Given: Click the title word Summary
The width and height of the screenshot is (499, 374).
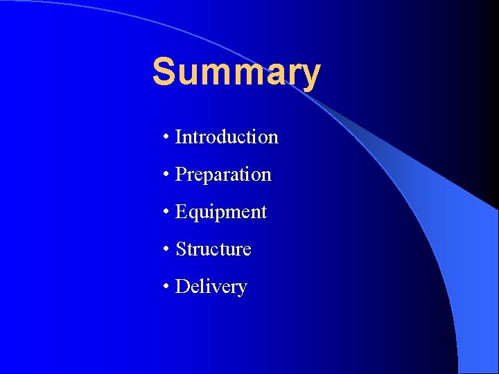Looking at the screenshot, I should (236, 72).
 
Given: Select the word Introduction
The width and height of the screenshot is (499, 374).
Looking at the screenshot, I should (227, 137).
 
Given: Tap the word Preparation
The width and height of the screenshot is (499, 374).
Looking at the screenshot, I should (223, 175).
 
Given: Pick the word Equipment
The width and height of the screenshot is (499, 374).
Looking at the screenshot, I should (221, 212).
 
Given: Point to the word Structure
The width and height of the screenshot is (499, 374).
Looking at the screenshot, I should (213, 249).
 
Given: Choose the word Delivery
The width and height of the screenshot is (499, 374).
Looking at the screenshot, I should (211, 287).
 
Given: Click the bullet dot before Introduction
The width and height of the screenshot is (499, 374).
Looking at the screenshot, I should (167, 138).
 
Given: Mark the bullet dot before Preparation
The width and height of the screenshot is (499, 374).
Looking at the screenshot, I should (167, 175).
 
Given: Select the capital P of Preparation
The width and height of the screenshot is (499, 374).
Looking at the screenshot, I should (181, 175).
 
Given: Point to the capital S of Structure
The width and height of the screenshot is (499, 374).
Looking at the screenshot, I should (181, 249).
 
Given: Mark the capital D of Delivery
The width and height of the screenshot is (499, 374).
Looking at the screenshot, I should (182, 287).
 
